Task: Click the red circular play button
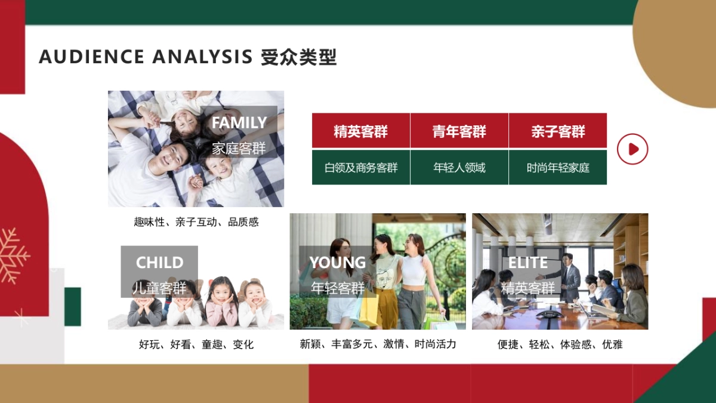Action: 632,149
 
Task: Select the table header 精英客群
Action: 360,131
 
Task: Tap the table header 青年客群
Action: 459,131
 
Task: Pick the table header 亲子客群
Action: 558,131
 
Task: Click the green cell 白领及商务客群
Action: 360,168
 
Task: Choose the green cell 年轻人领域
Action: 459,168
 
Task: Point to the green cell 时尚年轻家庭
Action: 558,168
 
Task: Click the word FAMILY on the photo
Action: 239,123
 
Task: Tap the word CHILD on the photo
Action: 159,263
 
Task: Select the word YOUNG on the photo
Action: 337,263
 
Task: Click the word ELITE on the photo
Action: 527,263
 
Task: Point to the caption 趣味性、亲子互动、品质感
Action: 196,222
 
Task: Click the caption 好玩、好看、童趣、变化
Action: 196,344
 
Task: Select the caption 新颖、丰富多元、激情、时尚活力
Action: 378,344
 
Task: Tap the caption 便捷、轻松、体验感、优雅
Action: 560,344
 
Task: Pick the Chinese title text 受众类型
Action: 298,57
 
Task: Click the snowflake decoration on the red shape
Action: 13,256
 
